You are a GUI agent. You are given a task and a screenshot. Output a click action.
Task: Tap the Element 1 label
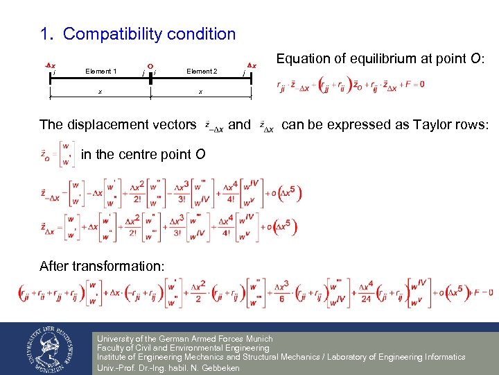[100, 71]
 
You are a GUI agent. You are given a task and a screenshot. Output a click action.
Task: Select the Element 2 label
[202, 71]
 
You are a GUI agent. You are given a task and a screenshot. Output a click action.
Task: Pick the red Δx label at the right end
[252, 65]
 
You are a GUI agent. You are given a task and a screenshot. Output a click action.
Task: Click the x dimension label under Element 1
[100, 92]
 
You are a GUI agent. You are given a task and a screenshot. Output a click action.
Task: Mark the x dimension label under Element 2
[200, 92]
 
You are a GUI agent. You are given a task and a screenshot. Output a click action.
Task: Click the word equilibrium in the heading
[367, 59]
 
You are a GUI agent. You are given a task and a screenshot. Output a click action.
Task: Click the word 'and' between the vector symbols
[239, 124]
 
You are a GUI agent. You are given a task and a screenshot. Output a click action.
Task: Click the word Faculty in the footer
[113, 348]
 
